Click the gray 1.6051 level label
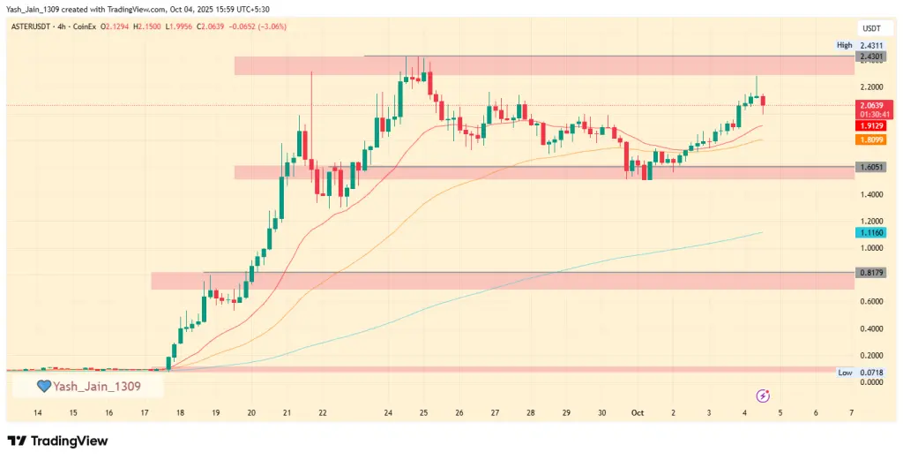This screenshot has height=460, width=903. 870,166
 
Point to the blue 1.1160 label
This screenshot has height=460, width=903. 870,231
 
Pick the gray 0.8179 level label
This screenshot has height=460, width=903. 870,274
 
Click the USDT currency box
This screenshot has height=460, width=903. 870,28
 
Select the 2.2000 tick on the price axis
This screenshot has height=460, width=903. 870,87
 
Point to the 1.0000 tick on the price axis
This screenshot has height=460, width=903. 870,248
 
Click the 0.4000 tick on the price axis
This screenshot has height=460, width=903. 870,328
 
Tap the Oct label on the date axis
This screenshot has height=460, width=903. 637,412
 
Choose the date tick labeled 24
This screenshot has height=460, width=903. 389,412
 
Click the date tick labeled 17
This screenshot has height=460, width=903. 145,412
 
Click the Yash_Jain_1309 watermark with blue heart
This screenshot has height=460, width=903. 88,386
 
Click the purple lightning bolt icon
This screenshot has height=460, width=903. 763,396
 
